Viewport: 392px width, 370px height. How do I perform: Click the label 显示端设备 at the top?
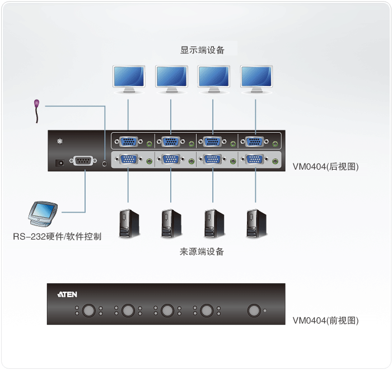click(202, 50)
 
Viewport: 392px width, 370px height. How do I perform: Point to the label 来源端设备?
click(202, 252)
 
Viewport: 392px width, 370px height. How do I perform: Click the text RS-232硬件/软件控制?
click(57, 236)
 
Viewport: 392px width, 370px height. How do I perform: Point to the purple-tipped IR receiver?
click(37, 104)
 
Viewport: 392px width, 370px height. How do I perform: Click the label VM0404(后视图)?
click(325, 166)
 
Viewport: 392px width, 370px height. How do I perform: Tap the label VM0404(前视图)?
click(325, 321)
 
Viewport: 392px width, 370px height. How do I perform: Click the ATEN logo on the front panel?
click(67, 294)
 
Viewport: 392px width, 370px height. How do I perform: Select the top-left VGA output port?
click(129, 142)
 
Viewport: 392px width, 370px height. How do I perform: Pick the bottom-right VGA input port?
click(256, 160)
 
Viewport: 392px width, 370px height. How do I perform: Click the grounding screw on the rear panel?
click(60, 142)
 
